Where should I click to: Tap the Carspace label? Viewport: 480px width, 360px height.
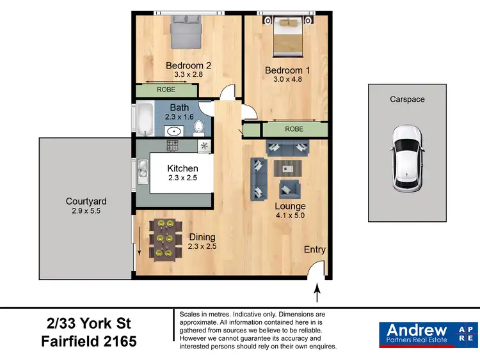pos(407,99)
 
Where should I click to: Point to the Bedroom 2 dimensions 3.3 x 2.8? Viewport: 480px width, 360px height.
pos(188,75)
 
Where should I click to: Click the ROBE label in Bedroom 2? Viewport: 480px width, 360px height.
pos(166,90)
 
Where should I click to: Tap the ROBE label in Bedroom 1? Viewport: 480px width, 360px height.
pos(294,129)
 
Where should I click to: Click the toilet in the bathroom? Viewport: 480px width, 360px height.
pos(198,127)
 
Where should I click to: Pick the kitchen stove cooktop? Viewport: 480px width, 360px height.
pos(173,146)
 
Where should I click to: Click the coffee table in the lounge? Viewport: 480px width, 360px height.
pos(285,168)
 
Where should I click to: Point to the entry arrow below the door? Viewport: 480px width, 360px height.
pos(317,294)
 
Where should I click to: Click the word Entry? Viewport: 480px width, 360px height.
pos(315,250)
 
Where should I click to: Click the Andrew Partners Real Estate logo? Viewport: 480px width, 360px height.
pos(428,334)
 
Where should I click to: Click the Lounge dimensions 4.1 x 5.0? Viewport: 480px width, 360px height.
pos(290,216)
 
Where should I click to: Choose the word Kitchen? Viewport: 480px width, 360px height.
pos(182,168)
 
